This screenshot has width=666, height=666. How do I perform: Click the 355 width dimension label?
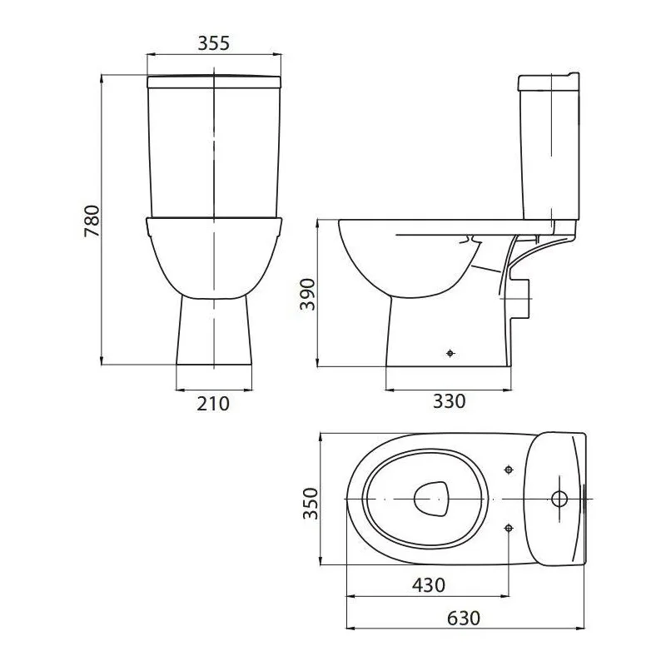click(x=214, y=43)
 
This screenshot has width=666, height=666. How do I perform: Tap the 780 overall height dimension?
click(x=92, y=221)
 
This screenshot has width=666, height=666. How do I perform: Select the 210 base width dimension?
click(x=213, y=404)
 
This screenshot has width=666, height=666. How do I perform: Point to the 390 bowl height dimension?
click(x=307, y=295)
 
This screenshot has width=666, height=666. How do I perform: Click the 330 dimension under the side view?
click(x=450, y=401)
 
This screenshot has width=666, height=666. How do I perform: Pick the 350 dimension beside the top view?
click(x=311, y=504)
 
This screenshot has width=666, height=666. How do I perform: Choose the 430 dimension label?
click(x=429, y=585)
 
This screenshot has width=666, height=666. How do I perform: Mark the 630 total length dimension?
click(x=464, y=619)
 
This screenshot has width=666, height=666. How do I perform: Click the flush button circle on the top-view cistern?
click(x=559, y=499)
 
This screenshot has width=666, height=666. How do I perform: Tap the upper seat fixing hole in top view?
click(x=509, y=470)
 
